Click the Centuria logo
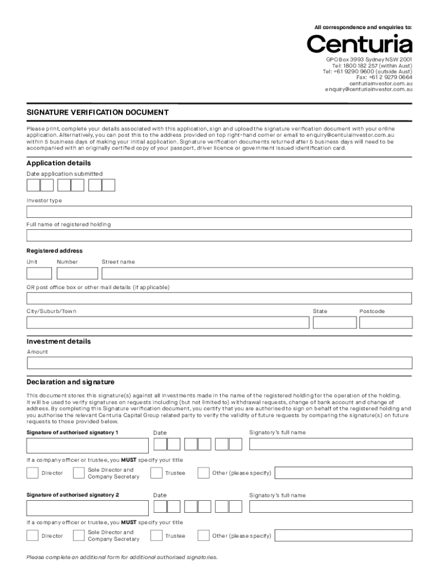click(x=359, y=44)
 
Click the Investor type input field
click(x=219, y=212)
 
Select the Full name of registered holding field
click(x=219, y=236)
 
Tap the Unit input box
click(x=39, y=273)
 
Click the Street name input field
click(x=257, y=273)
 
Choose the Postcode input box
click(x=385, y=323)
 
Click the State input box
click(x=332, y=323)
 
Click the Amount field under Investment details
click(x=219, y=363)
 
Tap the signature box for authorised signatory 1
click(x=86, y=445)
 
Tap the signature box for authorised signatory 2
click(x=86, y=507)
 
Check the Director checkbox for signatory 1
click(x=32, y=473)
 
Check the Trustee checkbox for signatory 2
click(x=156, y=536)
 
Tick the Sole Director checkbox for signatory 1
click(x=79, y=473)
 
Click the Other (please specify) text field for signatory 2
click(x=342, y=536)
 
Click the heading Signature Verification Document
click(x=97, y=112)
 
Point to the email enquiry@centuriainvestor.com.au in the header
click(x=369, y=90)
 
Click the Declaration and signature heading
click(x=71, y=382)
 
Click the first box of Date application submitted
click(x=33, y=185)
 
